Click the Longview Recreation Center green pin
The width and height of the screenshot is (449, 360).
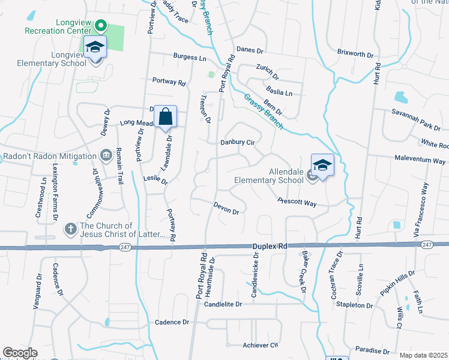(101, 26)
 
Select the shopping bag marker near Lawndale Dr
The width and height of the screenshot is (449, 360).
(166, 116)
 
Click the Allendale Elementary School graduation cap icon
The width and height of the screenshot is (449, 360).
(322, 166)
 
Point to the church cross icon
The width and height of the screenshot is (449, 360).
(70, 229)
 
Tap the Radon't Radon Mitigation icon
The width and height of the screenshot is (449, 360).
(106, 156)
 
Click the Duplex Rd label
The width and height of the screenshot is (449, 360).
(269, 246)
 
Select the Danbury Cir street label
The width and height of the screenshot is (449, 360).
(238, 143)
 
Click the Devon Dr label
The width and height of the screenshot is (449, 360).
(226, 208)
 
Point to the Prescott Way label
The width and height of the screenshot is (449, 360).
(297, 203)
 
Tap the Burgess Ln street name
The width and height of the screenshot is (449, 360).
(190, 57)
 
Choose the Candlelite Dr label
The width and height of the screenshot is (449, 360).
(223, 305)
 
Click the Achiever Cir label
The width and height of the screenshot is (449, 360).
(261, 345)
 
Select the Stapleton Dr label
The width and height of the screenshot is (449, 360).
(354, 305)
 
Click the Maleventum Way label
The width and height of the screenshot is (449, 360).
(420, 161)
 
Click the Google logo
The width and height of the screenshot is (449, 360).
(20, 353)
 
